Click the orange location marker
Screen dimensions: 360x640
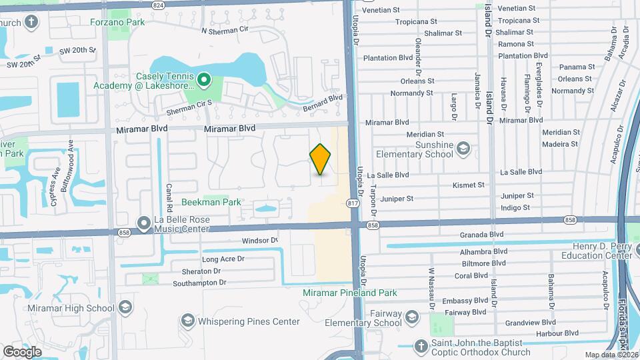(x=321, y=159)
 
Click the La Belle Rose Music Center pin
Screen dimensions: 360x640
(x=143, y=223)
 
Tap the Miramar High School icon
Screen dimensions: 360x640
(x=125, y=308)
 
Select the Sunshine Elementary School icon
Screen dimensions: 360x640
(x=463, y=149)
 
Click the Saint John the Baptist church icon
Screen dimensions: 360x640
(x=420, y=346)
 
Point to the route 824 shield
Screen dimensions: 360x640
(x=158, y=5)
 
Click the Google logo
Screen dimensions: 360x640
(x=23, y=351)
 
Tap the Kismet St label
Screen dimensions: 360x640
(x=468, y=185)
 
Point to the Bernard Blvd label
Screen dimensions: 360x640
(x=322, y=102)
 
